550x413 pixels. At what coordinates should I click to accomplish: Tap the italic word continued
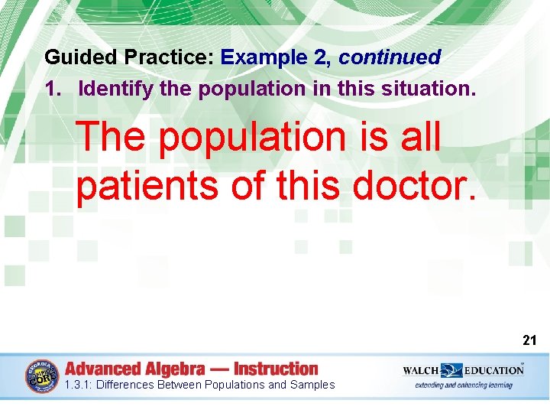pos(390,57)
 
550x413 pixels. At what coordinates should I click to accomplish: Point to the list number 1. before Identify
pos(54,89)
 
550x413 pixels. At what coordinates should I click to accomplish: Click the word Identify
pos(117,89)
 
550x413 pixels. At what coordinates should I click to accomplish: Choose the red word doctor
pos(411,185)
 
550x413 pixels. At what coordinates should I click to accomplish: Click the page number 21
pos(529,340)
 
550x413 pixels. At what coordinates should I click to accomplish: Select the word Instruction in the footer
pos(276,369)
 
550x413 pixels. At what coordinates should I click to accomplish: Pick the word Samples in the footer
pos(312,385)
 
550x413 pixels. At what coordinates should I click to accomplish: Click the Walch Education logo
pos(463,370)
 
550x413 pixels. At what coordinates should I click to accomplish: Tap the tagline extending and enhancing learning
pos(464,385)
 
